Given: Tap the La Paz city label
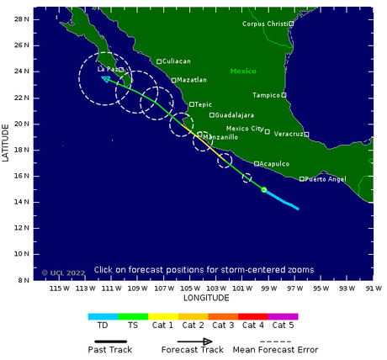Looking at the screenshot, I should coord(107,70).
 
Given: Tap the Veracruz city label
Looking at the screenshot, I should coord(289,135).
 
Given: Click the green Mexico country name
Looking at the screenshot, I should coord(243,71).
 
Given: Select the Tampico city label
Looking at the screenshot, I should coord(266,95).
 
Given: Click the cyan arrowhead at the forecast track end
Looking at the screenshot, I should coord(105,78).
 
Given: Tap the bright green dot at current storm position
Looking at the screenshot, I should coord(264,190).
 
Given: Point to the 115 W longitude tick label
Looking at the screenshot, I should coord(60,289).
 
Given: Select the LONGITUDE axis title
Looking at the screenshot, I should coord(206,299).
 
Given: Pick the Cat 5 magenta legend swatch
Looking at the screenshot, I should coord(284,316).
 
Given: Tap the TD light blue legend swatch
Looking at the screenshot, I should coord(103,316).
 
